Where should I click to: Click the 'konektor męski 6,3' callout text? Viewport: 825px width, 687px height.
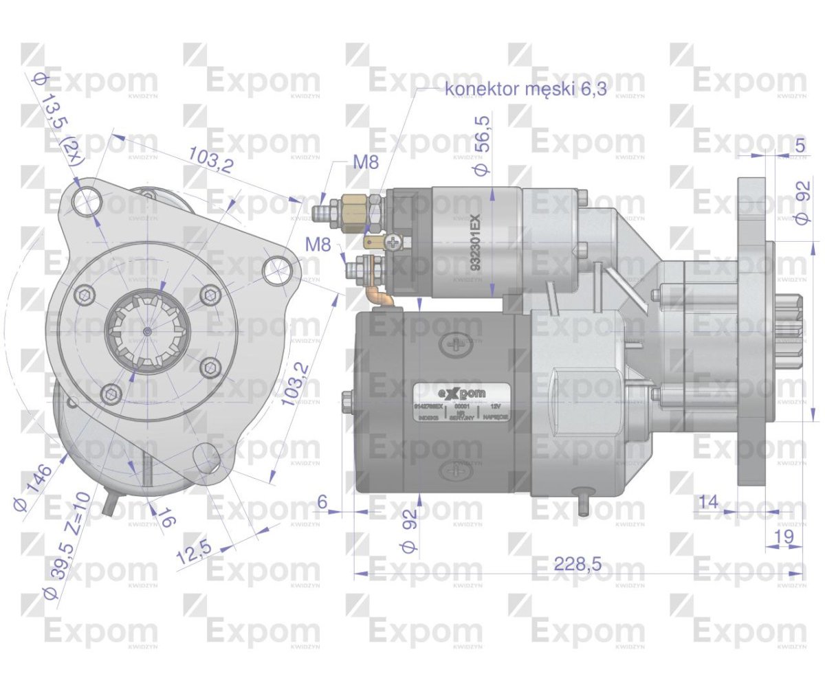click(526, 89)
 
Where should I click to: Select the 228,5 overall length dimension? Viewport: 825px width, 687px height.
click(577, 564)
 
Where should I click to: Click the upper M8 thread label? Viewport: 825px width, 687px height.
click(366, 163)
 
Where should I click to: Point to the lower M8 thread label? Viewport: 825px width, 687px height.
click(318, 244)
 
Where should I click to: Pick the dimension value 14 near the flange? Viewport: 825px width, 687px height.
click(707, 502)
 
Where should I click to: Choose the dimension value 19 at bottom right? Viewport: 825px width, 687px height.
click(783, 536)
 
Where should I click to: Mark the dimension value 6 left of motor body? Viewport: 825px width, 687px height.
click(322, 502)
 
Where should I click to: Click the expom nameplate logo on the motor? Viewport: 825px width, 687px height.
click(461, 394)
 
